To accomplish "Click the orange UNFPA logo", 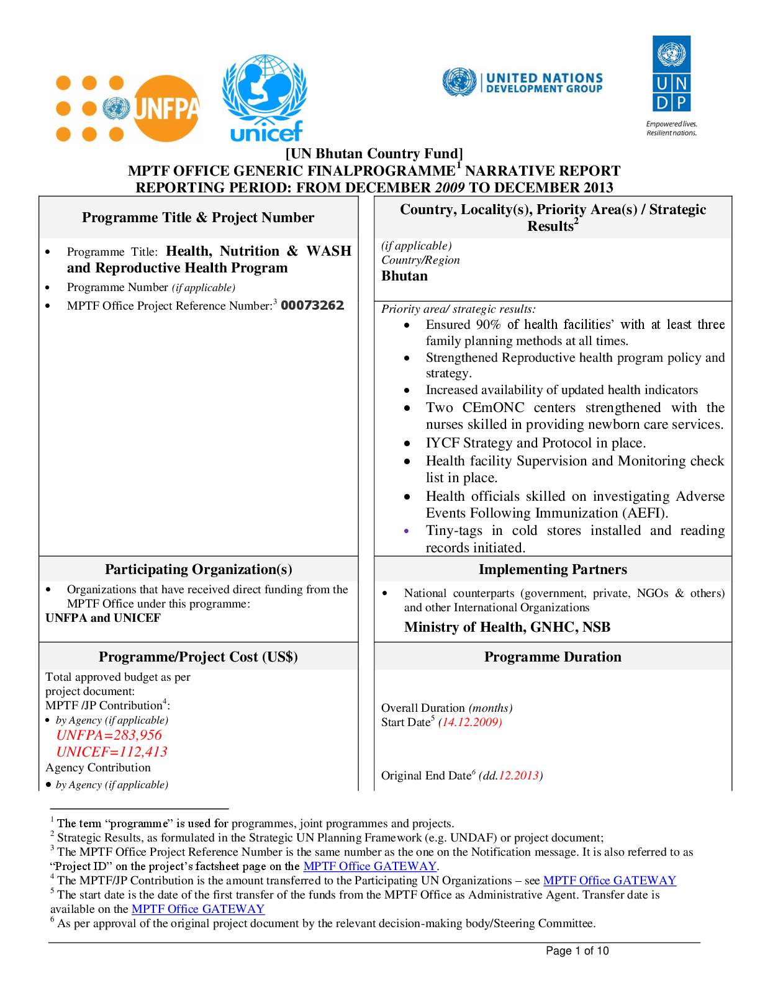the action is pos(127,108).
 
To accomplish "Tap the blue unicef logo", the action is pos(265,97).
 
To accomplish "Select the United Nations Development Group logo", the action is pos(523,83).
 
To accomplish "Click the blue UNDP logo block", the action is pos(671,73).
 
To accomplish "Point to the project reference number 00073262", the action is pos(312,305).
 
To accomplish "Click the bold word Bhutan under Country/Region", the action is pos(404,276).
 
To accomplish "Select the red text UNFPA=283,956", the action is pos(109,735).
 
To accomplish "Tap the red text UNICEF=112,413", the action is pos(112,752).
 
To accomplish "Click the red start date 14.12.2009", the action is pos(470,722).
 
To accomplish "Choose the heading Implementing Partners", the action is pos(553,569).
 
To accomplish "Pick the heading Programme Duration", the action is pos(553,657).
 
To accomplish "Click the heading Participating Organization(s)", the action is pos(199,569).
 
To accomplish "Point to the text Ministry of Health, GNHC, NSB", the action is pos(507,627).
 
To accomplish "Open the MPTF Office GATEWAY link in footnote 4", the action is pos(609,881).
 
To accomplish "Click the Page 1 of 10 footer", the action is pos(577,951).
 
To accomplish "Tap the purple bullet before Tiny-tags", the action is pos(407,531).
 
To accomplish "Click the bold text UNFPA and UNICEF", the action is pos(103,617).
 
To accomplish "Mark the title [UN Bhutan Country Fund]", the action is pos(374,153).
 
